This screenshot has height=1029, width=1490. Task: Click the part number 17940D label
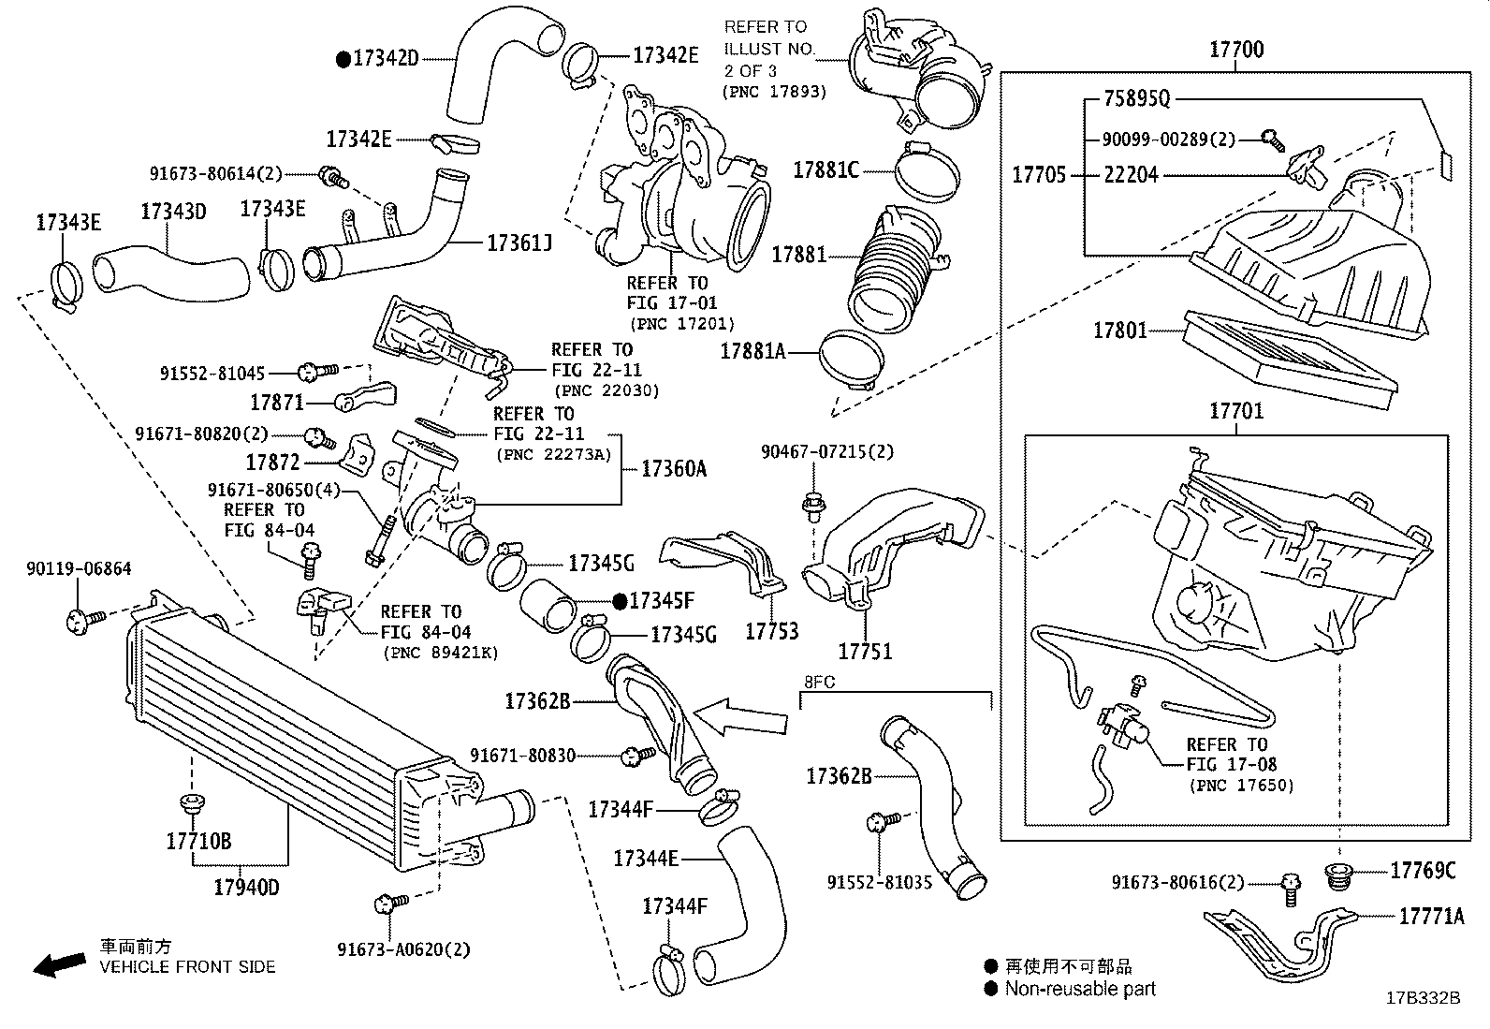(x=246, y=887)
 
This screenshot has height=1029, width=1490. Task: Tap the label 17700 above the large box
(x=1235, y=50)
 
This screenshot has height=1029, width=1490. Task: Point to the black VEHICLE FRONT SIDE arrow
(x=58, y=965)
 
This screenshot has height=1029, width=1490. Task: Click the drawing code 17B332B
(x=1423, y=998)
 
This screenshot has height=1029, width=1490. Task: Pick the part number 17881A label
(x=752, y=351)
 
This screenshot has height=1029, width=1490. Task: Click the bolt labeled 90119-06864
(x=78, y=618)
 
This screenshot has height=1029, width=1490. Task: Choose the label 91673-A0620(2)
(x=403, y=949)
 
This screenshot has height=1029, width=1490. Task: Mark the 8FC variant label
(x=820, y=682)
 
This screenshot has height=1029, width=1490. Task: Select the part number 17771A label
(x=1431, y=916)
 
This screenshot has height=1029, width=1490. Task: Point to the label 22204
(x=1131, y=174)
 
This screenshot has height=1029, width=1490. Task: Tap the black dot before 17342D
(x=343, y=59)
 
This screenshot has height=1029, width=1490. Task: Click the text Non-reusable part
(x=1080, y=989)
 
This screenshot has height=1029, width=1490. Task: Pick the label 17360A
(x=673, y=468)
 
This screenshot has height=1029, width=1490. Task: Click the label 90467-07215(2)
(x=826, y=451)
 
